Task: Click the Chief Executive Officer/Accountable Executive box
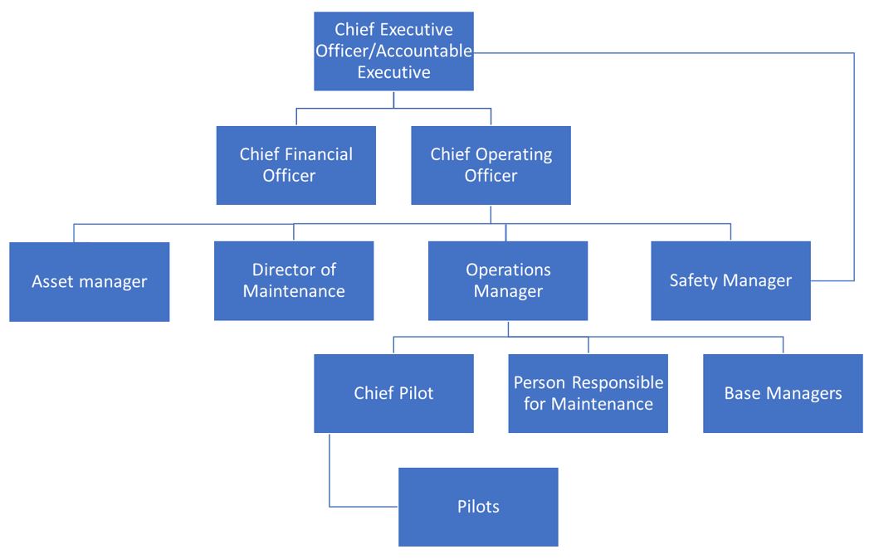pyautogui.click(x=393, y=51)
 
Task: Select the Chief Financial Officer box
pyautogui.click(x=296, y=165)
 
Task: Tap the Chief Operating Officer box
pyautogui.click(x=491, y=165)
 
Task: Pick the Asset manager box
pyautogui.click(x=90, y=281)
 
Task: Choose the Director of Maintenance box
pyautogui.click(x=294, y=280)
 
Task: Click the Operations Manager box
pyautogui.click(x=508, y=280)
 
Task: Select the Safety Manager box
pyautogui.click(x=730, y=280)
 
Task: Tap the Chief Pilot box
pyautogui.click(x=393, y=393)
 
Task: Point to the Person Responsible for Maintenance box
pyautogui.click(x=588, y=393)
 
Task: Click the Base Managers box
pyautogui.click(x=783, y=393)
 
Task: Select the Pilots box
pyautogui.click(x=478, y=507)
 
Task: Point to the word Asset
pyautogui.click(x=52, y=281)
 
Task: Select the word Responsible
pyautogui.click(x=614, y=382)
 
